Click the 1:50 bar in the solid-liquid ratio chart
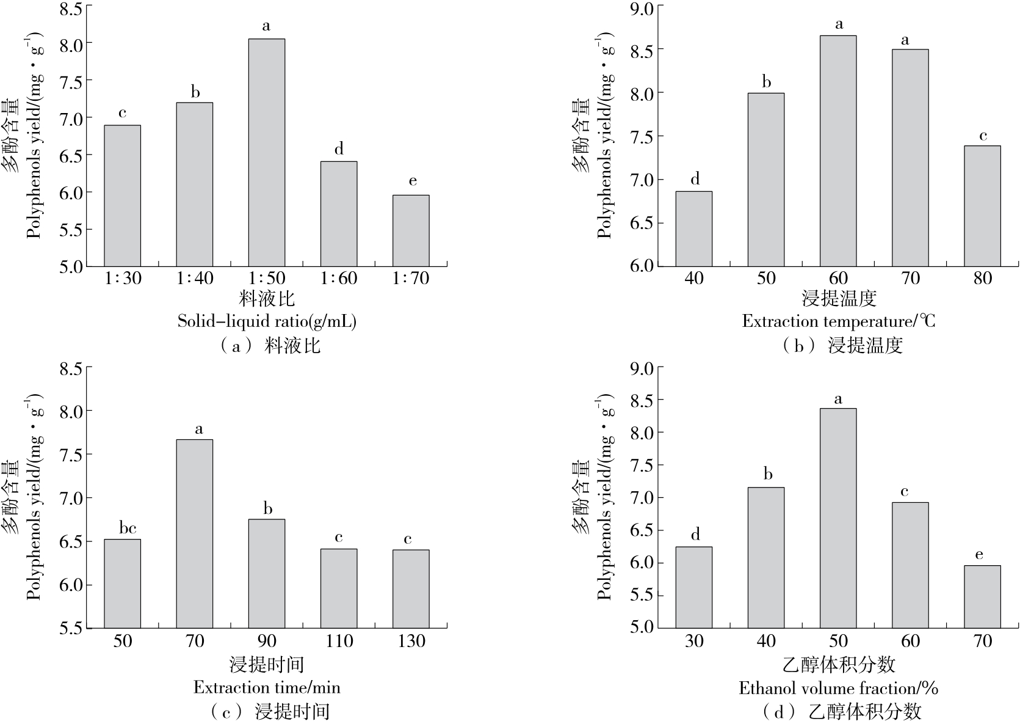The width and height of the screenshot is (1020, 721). coord(266,153)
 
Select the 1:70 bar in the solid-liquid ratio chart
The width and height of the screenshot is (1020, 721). coord(411,231)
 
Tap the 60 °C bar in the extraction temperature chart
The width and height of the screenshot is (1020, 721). coord(838,151)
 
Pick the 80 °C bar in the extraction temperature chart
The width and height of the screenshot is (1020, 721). coord(982,206)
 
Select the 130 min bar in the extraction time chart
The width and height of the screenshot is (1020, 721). coord(411,589)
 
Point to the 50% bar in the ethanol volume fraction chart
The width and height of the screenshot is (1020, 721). coord(838,518)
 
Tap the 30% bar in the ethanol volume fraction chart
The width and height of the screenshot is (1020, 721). coord(694,587)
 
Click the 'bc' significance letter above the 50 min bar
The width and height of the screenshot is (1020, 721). coord(123,529)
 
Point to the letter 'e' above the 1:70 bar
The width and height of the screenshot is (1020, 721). coord(413,181)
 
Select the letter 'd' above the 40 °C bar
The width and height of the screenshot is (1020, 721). coord(695,179)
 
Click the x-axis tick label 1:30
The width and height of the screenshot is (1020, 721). coord(123,279)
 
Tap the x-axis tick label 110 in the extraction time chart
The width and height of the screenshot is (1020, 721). coord(339,641)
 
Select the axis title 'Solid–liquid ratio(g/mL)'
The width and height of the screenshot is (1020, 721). coord(267,321)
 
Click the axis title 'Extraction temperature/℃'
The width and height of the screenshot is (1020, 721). coord(838,321)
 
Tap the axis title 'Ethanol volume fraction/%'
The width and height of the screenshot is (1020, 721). coord(838,689)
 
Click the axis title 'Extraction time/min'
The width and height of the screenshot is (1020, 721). coord(267,687)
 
